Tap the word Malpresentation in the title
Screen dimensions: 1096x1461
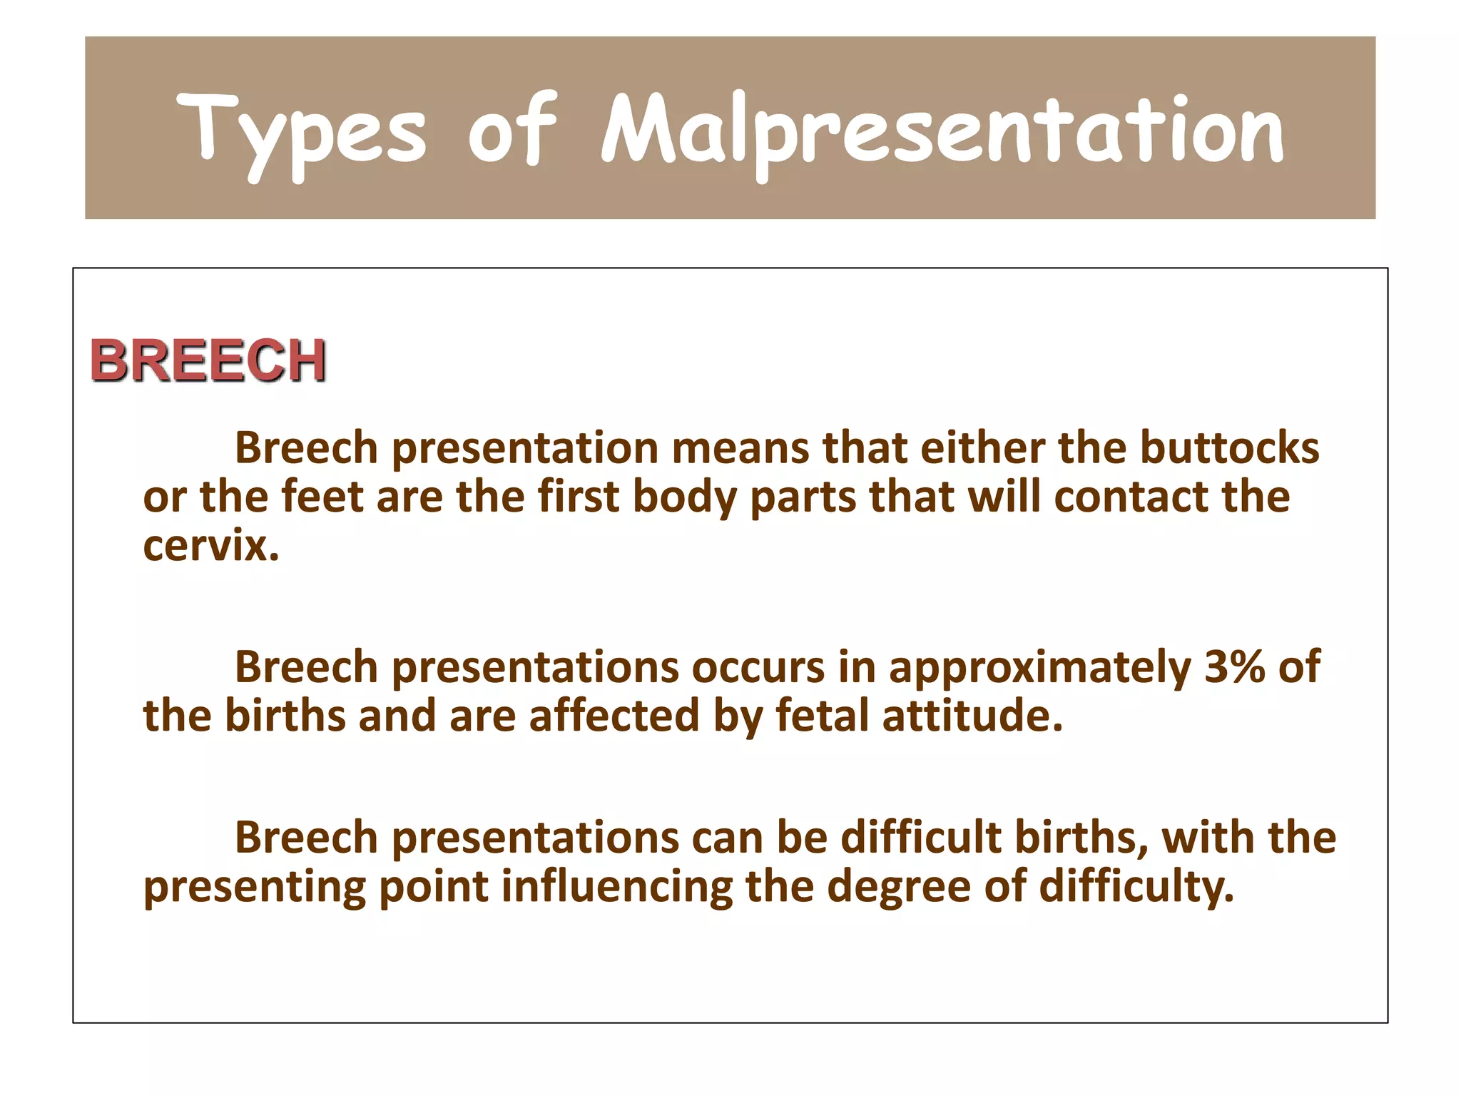point(942,132)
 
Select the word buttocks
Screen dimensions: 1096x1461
point(1229,448)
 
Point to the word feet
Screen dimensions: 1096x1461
point(322,497)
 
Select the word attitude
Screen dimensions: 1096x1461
point(972,716)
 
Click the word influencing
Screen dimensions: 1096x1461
point(616,887)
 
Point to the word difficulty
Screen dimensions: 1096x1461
point(1136,887)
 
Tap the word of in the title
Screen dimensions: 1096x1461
point(511,132)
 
